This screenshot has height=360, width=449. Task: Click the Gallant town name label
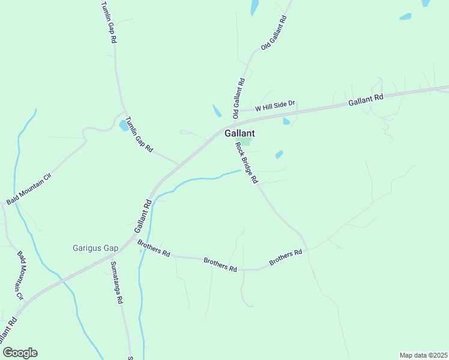[x=240, y=134]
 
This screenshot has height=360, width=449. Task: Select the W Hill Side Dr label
[x=275, y=106]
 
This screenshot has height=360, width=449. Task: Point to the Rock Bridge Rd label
[x=246, y=162]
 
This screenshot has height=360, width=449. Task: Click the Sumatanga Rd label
[x=116, y=282]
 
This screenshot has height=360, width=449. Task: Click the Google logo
[x=20, y=353]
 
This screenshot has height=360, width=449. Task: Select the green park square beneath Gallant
[x=246, y=142]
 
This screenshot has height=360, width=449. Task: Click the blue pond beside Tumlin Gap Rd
[x=124, y=125]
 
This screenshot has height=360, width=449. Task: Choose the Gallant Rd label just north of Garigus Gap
[x=142, y=217]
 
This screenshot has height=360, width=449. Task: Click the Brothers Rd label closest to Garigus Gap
[x=154, y=248]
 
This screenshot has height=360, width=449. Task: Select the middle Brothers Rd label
[x=220, y=265]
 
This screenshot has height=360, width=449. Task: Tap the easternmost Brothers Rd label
[x=285, y=257]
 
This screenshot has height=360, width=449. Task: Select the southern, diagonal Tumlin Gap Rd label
[x=139, y=134]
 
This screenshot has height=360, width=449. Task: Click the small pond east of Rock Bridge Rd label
[x=279, y=155]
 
